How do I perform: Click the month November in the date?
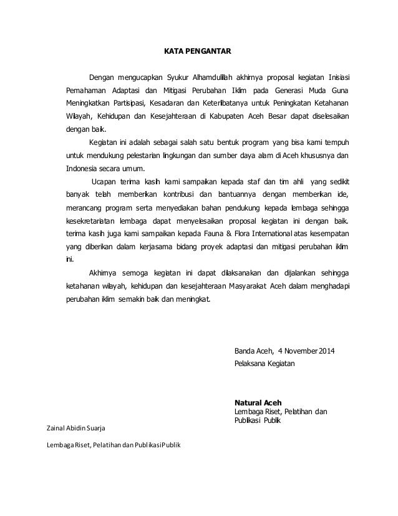[x=296, y=348]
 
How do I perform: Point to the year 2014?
[x=325, y=348]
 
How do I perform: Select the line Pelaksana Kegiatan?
[x=264, y=362]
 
